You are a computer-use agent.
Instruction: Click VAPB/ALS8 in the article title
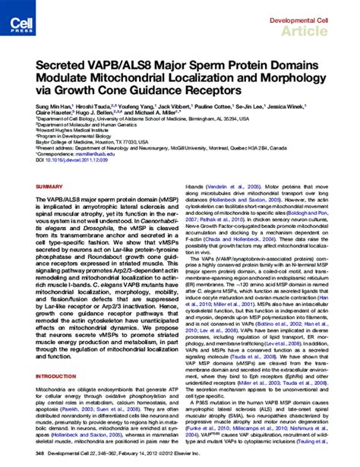128,68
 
